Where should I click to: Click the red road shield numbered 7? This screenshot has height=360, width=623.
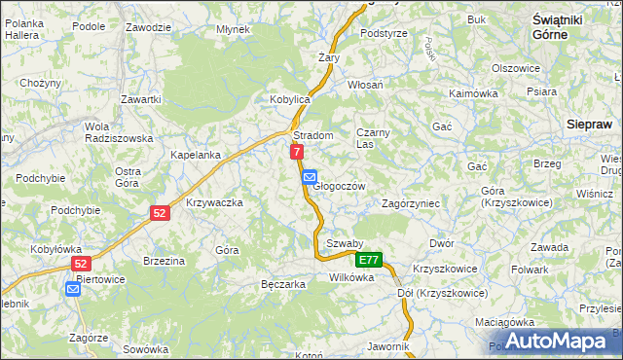point(297,152)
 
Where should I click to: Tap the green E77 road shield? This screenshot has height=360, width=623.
point(369,260)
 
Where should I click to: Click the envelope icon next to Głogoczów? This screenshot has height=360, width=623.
point(309,177)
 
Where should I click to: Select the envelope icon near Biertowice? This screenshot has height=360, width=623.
point(73,288)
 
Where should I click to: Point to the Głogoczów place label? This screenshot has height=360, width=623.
point(339,186)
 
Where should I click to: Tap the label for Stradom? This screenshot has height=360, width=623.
point(313,136)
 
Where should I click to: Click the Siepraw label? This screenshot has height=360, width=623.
point(588,125)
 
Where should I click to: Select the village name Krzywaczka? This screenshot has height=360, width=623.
point(213,202)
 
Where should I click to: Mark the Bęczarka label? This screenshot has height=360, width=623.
point(283,284)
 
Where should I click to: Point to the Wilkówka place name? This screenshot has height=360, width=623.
point(351,277)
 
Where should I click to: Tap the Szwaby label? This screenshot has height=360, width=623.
point(345,243)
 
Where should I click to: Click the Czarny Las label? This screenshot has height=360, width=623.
point(372,137)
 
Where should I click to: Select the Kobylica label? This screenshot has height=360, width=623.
point(289,100)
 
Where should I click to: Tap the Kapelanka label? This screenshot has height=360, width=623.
point(196,155)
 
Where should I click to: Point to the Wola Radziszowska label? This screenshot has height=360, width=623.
point(118,132)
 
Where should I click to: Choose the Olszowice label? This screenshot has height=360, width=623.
point(516,68)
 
